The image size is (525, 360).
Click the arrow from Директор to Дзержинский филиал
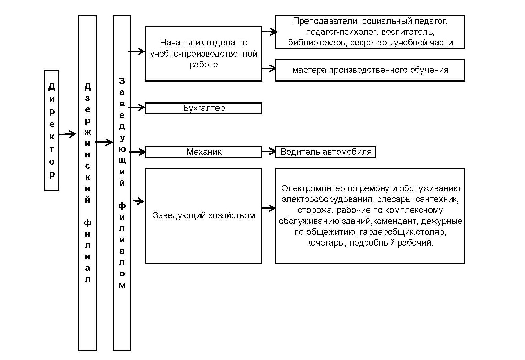tap(67, 134)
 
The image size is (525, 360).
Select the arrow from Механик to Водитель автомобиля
tap(269, 151)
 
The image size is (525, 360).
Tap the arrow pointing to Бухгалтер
tap(136, 107)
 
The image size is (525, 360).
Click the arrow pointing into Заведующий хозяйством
tap(138, 201)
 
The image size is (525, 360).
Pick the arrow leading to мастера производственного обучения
tap(269, 68)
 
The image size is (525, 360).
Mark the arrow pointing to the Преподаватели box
tap(269, 32)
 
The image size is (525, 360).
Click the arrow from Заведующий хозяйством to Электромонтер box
tap(269, 208)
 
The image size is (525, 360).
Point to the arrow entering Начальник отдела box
tap(137, 51)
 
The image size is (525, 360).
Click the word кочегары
tap(326, 243)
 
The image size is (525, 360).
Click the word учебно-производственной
tap(204, 54)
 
